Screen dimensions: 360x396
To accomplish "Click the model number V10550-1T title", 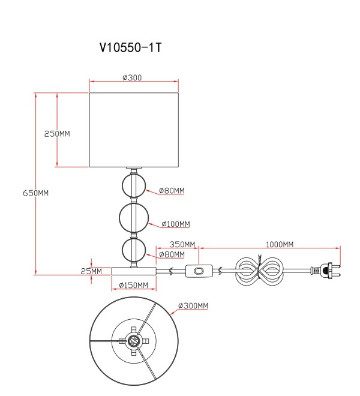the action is [130, 47].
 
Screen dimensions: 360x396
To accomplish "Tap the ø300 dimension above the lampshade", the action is [132, 77].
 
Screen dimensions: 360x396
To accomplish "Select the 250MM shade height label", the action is [57, 134].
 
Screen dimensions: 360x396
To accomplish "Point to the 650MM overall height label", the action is [35, 193].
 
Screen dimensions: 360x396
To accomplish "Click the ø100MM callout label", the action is [176, 224].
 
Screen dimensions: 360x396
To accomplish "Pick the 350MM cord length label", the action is [182, 244].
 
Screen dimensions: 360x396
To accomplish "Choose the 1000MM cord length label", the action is [280, 244].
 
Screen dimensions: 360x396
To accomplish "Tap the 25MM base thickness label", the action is [91, 271].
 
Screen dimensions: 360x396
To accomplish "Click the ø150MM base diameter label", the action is [133, 285].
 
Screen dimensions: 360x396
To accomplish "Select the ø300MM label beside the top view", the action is [193, 305].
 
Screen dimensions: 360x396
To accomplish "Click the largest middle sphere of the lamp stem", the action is [134, 217].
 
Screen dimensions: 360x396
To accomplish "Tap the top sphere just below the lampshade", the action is [134, 187].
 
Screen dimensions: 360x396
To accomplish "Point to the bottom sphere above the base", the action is [134, 250].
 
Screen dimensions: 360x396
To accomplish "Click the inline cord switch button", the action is [199, 271].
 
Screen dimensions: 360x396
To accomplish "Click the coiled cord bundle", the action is [259, 271].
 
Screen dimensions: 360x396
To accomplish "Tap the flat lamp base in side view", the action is [134, 271].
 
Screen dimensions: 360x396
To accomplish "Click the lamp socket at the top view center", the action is [134, 341].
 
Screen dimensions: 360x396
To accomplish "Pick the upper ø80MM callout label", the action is [172, 190].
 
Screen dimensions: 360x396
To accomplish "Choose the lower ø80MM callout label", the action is [172, 254].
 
